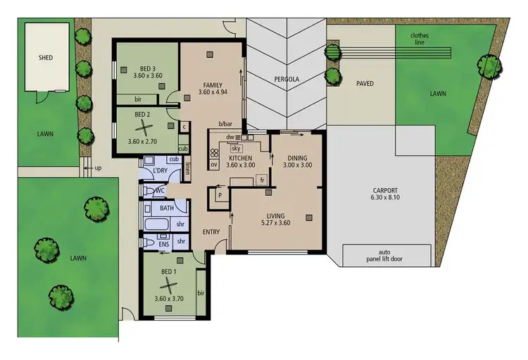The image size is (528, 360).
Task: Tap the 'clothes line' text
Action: pyautogui.click(x=420, y=39)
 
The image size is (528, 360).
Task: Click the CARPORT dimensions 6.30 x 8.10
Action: pyautogui.click(x=386, y=199)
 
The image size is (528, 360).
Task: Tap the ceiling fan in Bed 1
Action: pyautogui.click(x=168, y=285)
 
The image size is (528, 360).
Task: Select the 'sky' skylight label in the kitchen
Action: pyautogui.click(x=237, y=149)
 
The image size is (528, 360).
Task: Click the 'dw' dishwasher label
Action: pyautogui.click(x=230, y=137)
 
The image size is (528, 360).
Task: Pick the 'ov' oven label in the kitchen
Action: pyautogui.click(x=214, y=165)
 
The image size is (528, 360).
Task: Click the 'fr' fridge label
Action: pyautogui.click(x=262, y=181)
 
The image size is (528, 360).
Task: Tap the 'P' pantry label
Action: pyautogui.click(x=220, y=195)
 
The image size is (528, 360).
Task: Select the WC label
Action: pyautogui.click(x=160, y=190)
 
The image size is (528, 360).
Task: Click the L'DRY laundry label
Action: pyautogui.click(x=161, y=171)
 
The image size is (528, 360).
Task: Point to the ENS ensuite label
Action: pyautogui.click(x=163, y=244)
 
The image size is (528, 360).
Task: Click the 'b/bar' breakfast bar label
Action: pyautogui.click(x=225, y=124)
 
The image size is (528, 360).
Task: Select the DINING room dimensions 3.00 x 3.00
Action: pyautogui.click(x=296, y=165)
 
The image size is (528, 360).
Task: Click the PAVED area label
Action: pyautogui.click(x=365, y=84)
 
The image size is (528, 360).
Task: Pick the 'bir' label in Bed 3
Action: pyautogui.click(x=139, y=99)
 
